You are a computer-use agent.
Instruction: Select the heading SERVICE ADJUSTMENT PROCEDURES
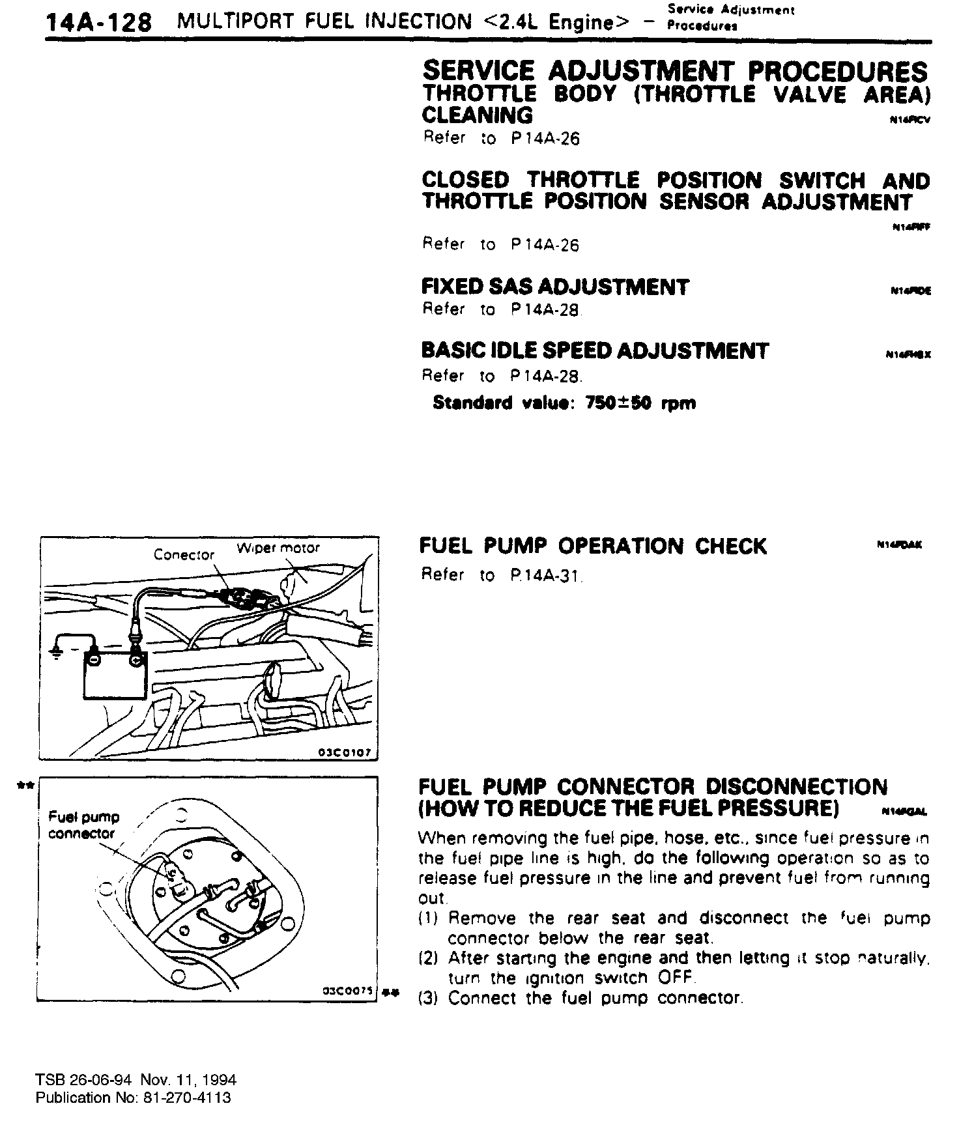pos(675,71)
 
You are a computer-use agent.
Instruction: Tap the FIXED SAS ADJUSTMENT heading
pos(555,287)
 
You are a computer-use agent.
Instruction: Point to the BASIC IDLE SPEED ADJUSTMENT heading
pos(595,351)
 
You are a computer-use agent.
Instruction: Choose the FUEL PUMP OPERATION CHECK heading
pos(593,546)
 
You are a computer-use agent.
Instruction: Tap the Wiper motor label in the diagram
pos(278,548)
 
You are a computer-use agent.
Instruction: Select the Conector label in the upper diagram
pos(184,555)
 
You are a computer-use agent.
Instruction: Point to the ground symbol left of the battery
pos(57,653)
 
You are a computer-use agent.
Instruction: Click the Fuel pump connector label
pos(83,825)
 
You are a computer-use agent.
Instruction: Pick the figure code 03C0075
pos(347,991)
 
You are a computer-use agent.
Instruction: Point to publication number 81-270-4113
pos(186,1098)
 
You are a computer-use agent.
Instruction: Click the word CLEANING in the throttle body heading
pos(477,115)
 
